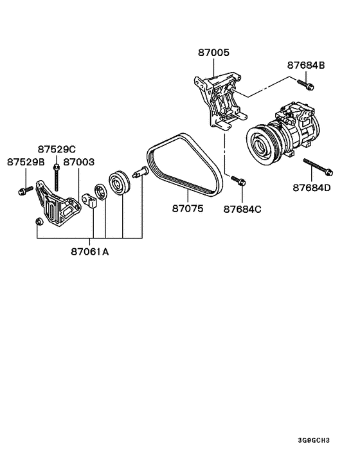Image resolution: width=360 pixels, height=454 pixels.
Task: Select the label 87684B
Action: tap(305, 66)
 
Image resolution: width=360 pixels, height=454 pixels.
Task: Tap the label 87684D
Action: tap(312, 188)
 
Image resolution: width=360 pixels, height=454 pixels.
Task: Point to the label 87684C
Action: tap(244, 209)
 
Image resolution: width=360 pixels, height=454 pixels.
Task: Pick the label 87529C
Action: tap(57, 148)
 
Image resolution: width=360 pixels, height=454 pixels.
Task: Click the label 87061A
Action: tap(90, 252)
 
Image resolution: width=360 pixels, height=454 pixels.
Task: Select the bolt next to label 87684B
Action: tap(305, 82)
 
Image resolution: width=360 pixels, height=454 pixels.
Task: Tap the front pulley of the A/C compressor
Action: tap(262, 144)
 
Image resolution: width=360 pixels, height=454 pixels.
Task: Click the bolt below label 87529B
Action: tap(25, 190)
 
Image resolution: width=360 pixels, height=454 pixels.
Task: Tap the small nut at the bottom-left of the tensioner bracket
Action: tap(38, 222)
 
